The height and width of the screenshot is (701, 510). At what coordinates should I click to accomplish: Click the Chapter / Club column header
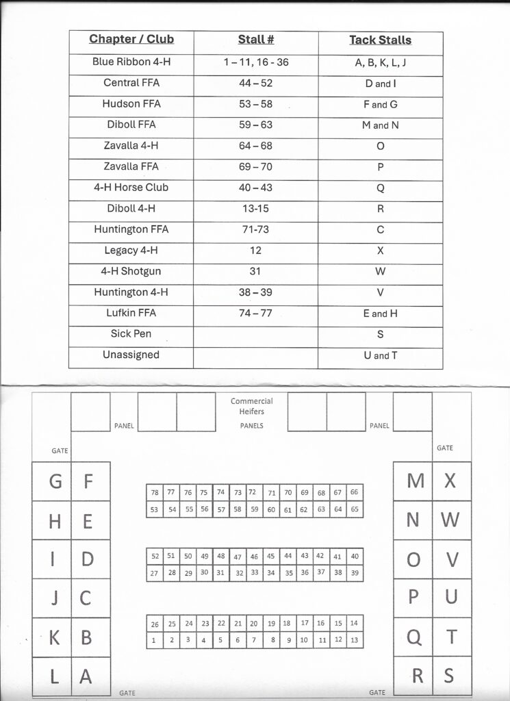tap(131, 39)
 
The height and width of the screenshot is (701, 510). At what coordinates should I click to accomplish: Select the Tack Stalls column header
tap(380, 40)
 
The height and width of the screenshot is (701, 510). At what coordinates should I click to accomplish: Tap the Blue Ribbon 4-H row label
tap(131, 62)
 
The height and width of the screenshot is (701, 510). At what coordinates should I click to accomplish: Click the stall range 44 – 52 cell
tap(256, 83)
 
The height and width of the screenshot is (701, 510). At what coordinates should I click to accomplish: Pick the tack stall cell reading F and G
tap(380, 104)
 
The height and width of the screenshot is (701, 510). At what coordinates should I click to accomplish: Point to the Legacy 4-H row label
tap(131, 250)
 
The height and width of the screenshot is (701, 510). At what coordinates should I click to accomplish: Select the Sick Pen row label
tap(131, 333)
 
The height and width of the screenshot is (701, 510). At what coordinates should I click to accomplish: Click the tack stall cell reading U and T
tap(380, 355)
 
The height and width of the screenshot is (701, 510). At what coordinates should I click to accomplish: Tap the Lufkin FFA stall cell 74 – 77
tap(256, 313)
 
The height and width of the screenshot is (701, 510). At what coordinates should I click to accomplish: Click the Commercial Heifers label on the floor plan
tap(251, 406)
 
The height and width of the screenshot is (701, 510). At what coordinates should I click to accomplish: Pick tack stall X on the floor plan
tap(450, 481)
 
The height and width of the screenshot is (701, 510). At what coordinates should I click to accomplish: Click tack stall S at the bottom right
tap(449, 676)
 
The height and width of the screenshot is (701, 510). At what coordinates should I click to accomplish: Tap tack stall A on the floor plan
tap(86, 676)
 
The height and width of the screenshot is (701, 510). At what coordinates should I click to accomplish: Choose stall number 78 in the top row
tap(154, 492)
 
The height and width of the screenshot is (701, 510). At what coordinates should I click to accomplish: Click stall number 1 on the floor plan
tap(154, 641)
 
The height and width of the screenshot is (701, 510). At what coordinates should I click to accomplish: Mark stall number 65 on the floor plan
tap(354, 509)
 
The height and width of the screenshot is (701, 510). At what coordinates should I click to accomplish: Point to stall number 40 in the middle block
tap(354, 557)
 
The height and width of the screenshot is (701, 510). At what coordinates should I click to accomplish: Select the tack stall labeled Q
tap(413, 637)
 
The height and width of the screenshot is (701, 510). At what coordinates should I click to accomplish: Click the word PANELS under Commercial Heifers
tap(251, 426)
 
